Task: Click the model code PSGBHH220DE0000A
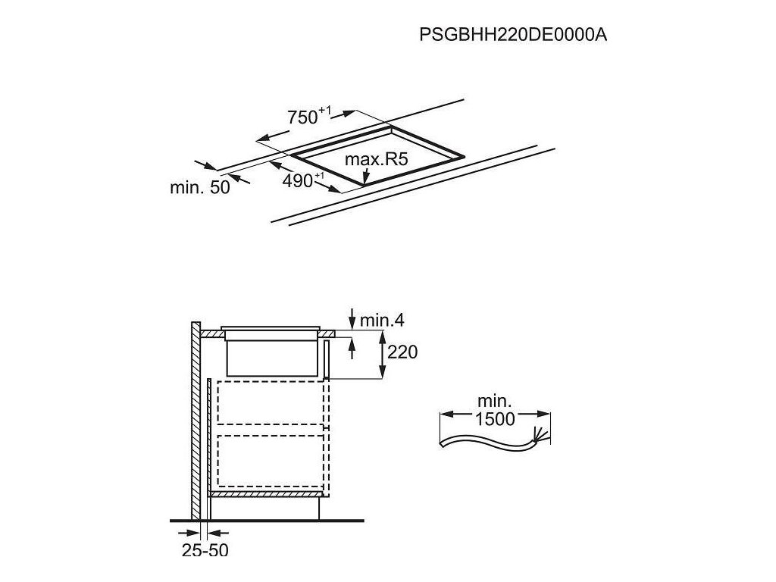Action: click(x=514, y=36)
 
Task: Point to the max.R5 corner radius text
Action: click(x=377, y=160)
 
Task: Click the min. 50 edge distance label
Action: click(x=199, y=188)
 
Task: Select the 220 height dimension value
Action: click(x=402, y=352)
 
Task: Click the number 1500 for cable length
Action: click(x=496, y=419)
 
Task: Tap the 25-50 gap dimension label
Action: click(x=205, y=550)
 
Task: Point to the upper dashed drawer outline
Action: click(x=272, y=402)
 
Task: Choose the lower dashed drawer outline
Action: click(x=272, y=460)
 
